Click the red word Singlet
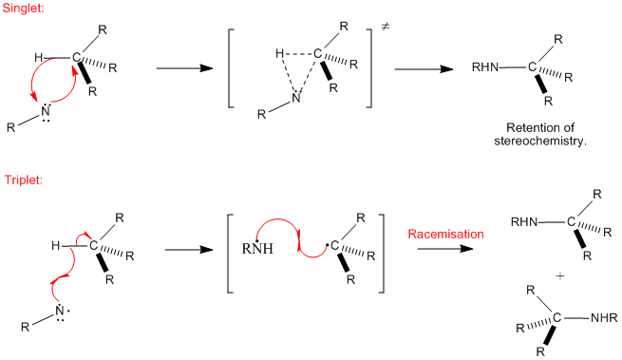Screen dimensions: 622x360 click(x=23, y=8)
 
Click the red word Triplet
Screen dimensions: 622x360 click(x=24, y=180)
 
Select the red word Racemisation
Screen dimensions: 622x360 click(x=446, y=235)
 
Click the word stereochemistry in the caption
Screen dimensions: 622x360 click(x=538, y=141)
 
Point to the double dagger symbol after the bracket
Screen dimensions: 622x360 click(x=386, y=27)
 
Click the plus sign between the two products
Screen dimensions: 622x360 click(x=560, y=275)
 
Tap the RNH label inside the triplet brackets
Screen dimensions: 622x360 click(x=257, y=249)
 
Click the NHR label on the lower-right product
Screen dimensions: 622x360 click(x=604, y=318)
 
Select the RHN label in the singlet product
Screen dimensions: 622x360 click(x=485, y=67)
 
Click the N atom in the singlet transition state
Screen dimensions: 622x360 click(x=296, y=98)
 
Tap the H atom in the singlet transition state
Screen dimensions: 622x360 click(x=279, y=53)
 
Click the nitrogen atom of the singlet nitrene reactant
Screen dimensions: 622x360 click(x=46, y=111)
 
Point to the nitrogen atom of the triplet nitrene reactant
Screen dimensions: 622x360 click(x=60, y=312)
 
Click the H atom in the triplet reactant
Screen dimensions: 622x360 click(x=56, y=246)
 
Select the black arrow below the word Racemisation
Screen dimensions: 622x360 click(x=445, y=249)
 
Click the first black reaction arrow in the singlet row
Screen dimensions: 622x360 click(x=185, y=68)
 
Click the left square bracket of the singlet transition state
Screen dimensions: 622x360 click(x=232, y=68)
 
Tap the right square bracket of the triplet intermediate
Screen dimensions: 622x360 click(x=381, y=254)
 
